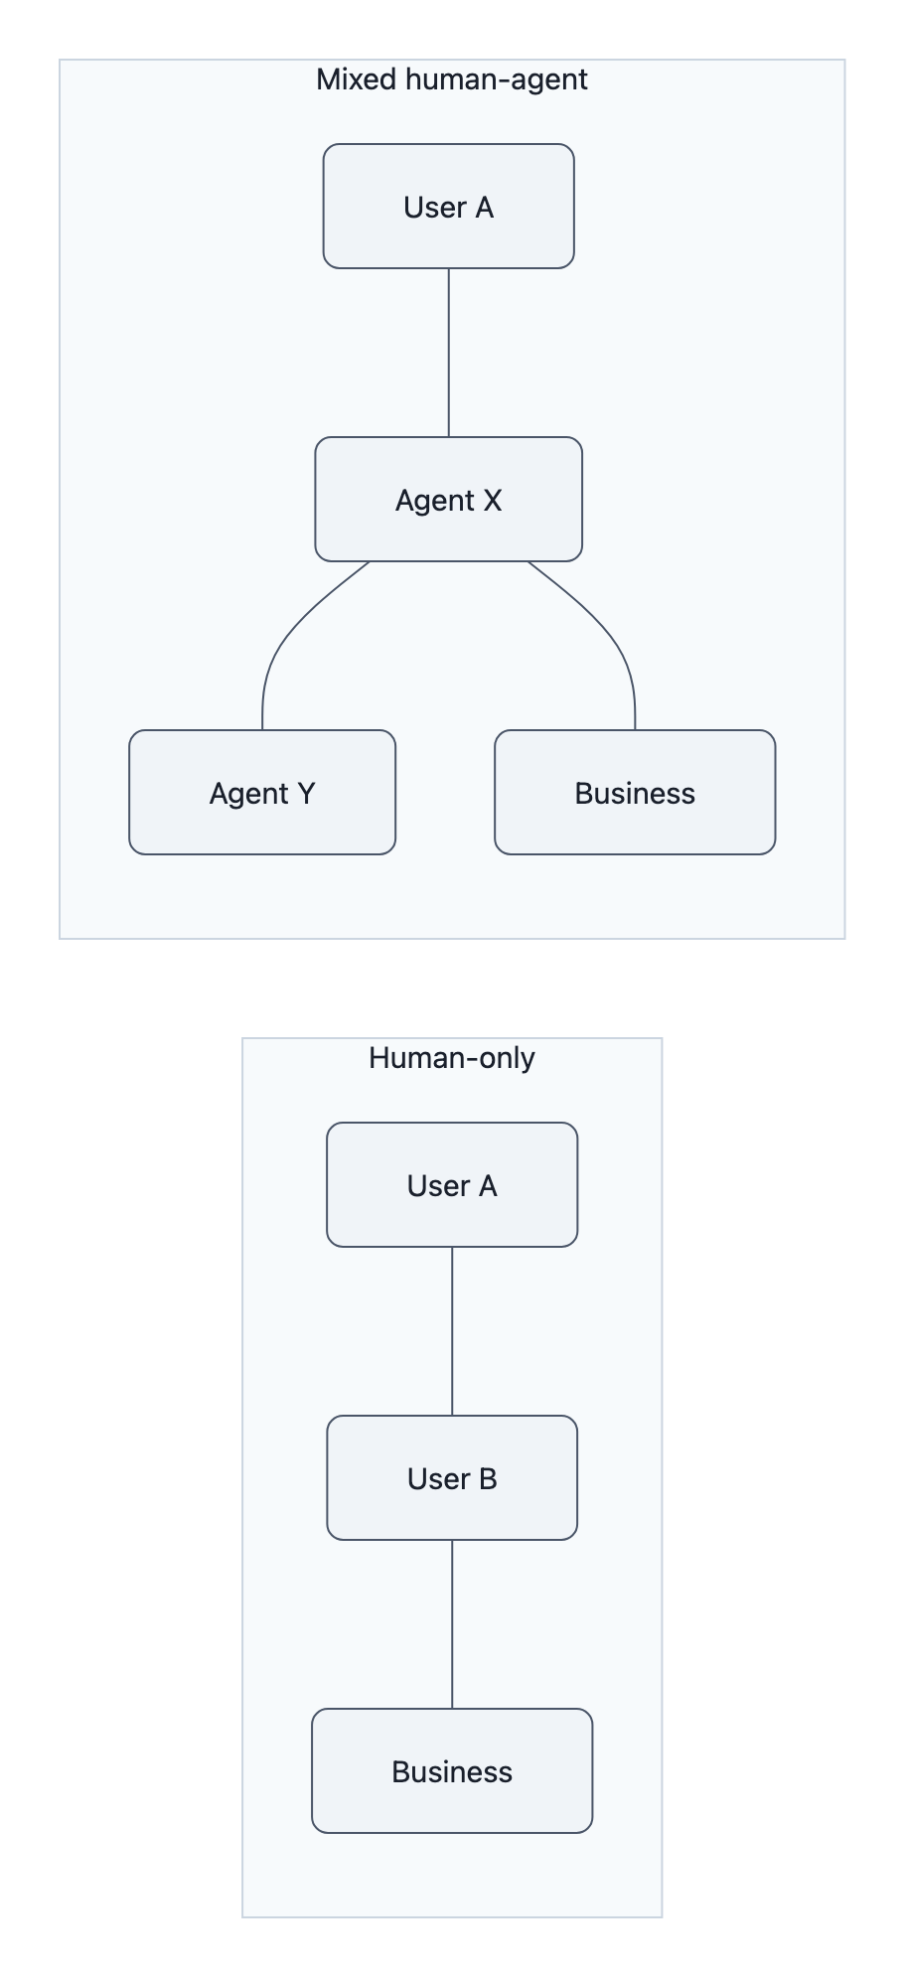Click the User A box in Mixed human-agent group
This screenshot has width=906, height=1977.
(448, 207)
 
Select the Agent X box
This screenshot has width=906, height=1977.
(448, 500)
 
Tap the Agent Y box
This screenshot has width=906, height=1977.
(262, 793)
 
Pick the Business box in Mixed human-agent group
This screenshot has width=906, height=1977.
(635, 793)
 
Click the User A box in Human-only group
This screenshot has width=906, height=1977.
(452, 1185)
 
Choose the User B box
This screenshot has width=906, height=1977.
(452, 1478)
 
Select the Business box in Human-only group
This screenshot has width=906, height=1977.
(452, 1771)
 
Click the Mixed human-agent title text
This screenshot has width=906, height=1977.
(452, 79)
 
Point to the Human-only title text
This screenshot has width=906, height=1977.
(452, 1058)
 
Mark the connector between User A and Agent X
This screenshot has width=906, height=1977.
(449, 353)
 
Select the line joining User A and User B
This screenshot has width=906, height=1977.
(452, 1331)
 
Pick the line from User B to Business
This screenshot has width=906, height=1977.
(452, 1624)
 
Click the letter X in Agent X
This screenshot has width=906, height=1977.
(492, 501)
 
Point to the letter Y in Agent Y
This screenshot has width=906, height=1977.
(305, 794)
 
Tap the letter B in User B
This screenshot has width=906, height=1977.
(488, 1479)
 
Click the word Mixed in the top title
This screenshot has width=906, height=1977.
(357, 79)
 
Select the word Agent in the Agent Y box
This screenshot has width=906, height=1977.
(249, 794)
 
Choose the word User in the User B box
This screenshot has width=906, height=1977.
(438, 1479)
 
